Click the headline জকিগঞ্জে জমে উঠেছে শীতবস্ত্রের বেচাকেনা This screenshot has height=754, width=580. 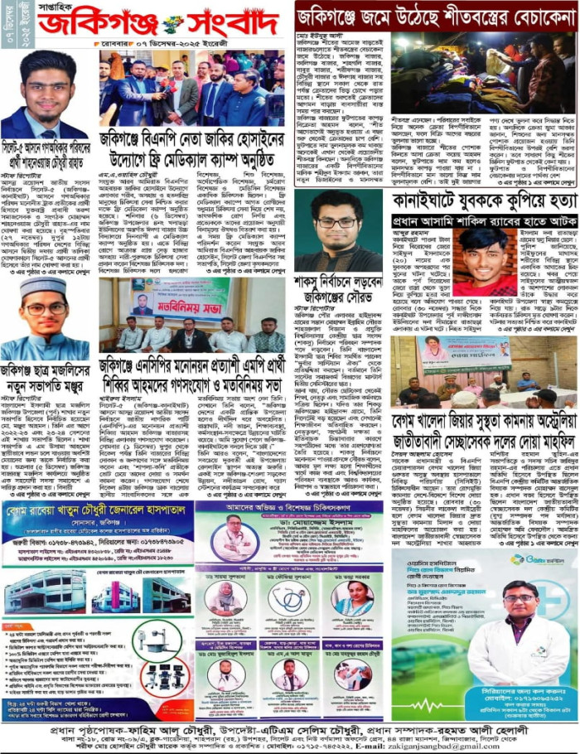click(x=437, y=16)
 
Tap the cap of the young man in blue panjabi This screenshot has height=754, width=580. click(x=47, y=286)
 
